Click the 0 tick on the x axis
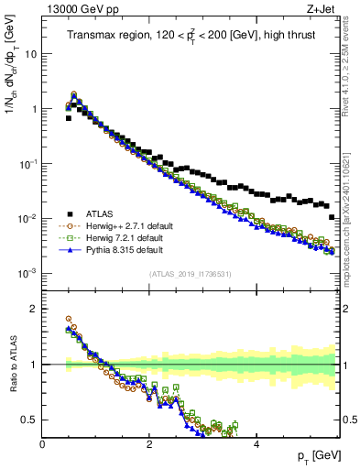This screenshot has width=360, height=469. click(x=43, y=443)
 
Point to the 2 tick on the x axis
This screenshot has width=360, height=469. click(x=149, y=443)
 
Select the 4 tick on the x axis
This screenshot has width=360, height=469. click(x=256, y=443)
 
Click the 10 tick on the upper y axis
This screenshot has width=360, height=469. click(x=31, y=53)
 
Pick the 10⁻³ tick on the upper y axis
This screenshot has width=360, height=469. click(x=27, y=274)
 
